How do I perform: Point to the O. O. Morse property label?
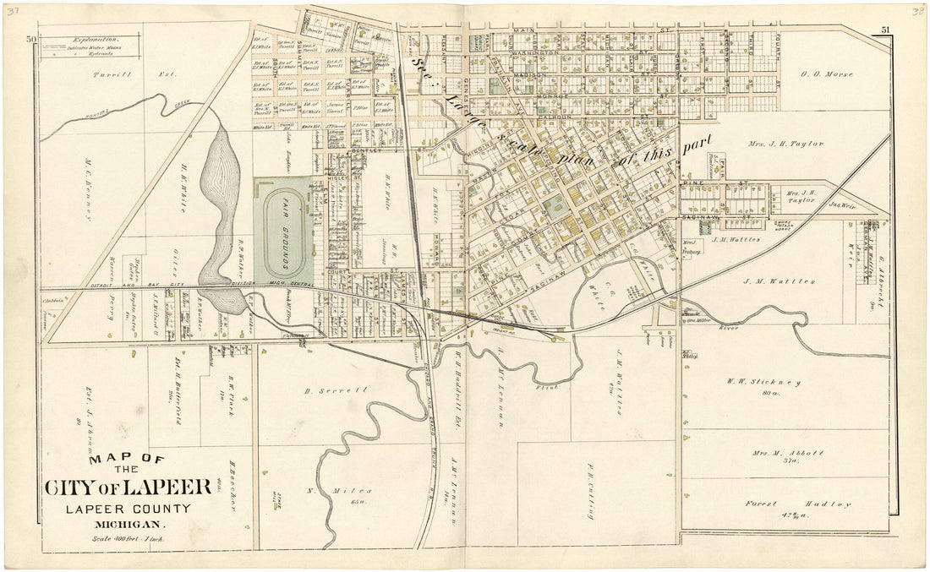(829, 73)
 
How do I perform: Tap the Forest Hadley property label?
(797, 504)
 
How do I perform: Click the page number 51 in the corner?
(885, 30)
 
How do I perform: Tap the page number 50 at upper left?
(31, 39)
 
